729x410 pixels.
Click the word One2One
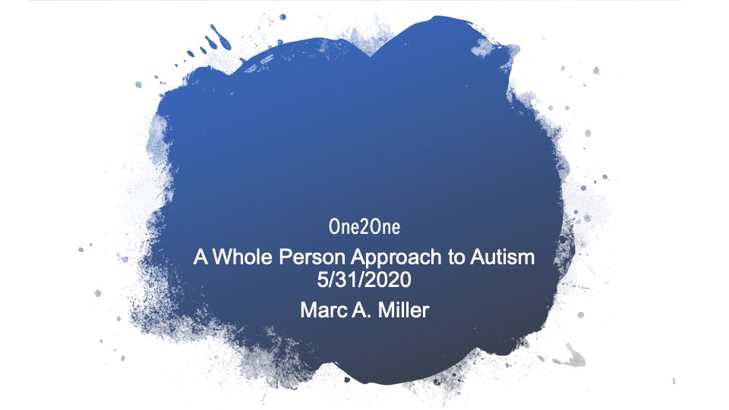click(364, 227)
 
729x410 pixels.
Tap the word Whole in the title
click(242, 257)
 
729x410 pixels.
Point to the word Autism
click(502, 257)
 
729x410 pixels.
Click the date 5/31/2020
click(364, 280)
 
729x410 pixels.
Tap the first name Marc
click(323, 310)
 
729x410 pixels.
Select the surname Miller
click(403, 310)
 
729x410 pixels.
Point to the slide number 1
click(674, 381)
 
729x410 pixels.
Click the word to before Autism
click(456, 258)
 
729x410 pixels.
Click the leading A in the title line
click(200, 257)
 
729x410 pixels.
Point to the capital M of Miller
click(386, 310)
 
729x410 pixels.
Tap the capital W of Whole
click(222, 257)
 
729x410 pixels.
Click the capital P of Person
click(285, 257)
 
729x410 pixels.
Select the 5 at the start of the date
click(323, 280)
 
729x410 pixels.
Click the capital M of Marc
click(308, 310)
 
